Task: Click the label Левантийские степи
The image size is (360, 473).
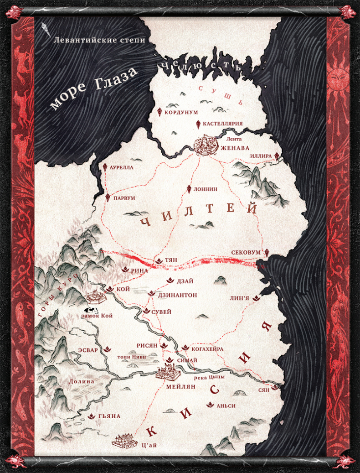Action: click(99, 40)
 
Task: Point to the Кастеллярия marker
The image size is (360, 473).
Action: click(198, 124)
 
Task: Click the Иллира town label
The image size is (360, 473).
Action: click(261, 156)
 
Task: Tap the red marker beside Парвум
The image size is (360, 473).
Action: click(108, 198)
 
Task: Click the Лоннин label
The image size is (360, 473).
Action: click(206, 189)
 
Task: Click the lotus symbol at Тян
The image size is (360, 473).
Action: click(159, 260)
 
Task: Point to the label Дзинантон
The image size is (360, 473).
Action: click(177, 296)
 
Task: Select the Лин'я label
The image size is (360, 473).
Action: click(240, 298)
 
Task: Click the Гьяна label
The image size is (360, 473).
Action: click(109, 416)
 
